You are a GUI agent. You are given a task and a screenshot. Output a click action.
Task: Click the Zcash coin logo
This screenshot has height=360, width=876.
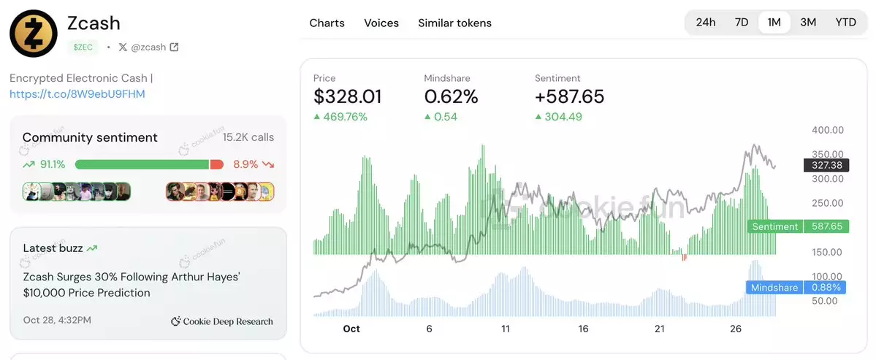[x=33, y=34]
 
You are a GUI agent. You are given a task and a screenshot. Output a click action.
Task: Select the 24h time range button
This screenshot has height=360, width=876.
[x=705, y=22]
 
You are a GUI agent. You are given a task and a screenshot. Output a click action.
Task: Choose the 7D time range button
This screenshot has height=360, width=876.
[x=741, y=22]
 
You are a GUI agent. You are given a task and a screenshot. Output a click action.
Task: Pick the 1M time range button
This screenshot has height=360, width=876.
[x=774, y=22]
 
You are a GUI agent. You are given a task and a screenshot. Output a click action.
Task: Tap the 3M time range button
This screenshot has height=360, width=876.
[x=807, y=22]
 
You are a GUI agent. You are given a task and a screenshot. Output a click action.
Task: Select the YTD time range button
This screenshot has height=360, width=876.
[x=845, y=22]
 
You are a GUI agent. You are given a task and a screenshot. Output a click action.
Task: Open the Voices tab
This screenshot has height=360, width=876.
[x=381, y=23]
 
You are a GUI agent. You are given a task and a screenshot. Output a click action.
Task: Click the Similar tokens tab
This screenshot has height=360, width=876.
[x=454, y=23]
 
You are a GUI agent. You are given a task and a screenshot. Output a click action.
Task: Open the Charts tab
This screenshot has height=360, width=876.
[x=327, y=23]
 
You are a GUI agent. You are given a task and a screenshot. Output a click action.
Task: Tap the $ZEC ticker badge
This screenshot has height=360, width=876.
[x=83, y=47]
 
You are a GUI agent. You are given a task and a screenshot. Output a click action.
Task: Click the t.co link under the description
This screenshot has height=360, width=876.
[x=77, y=94]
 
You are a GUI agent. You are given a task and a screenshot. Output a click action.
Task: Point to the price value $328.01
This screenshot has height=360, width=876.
[x=347, y=96]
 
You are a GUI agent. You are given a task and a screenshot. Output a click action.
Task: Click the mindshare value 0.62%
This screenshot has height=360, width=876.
[x=451, y=96]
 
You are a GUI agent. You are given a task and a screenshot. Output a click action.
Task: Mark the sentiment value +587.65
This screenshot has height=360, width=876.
[x=569, y=96]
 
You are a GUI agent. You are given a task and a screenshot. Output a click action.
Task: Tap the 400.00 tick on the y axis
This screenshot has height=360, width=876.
[x=828, y=130]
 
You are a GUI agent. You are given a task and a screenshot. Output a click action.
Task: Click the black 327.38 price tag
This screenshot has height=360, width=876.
[x=826, y=166]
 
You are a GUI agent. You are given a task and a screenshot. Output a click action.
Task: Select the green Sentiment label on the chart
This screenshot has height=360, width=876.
[x=774, y=226]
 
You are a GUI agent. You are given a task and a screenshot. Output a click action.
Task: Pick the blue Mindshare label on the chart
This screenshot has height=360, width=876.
[x=774, y=288]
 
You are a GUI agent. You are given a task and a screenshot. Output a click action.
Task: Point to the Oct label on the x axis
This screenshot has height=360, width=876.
[x=351, y=329]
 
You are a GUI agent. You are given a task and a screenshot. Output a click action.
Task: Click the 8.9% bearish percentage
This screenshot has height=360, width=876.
[x=245, y=164]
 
